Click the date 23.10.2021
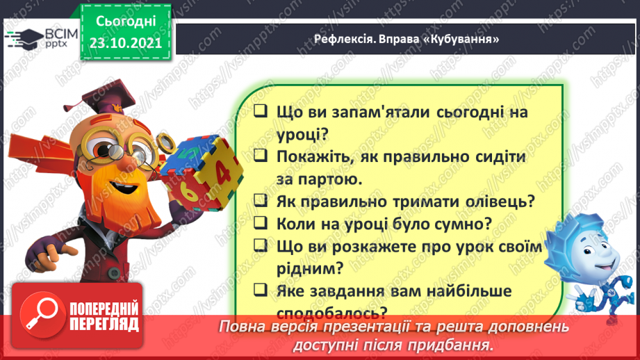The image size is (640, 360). point(126,42)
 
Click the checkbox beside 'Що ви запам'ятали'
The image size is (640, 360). point(261,112)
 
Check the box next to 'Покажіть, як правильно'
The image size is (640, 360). point(261,156)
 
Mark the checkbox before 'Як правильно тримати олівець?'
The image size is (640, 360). point(261,202)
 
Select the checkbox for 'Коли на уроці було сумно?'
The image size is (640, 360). point(261,224)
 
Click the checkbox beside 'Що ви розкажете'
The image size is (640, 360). point(261,246)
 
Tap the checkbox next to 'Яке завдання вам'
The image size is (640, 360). point(261,291)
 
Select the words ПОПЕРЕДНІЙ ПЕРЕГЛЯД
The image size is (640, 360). point(104,317)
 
